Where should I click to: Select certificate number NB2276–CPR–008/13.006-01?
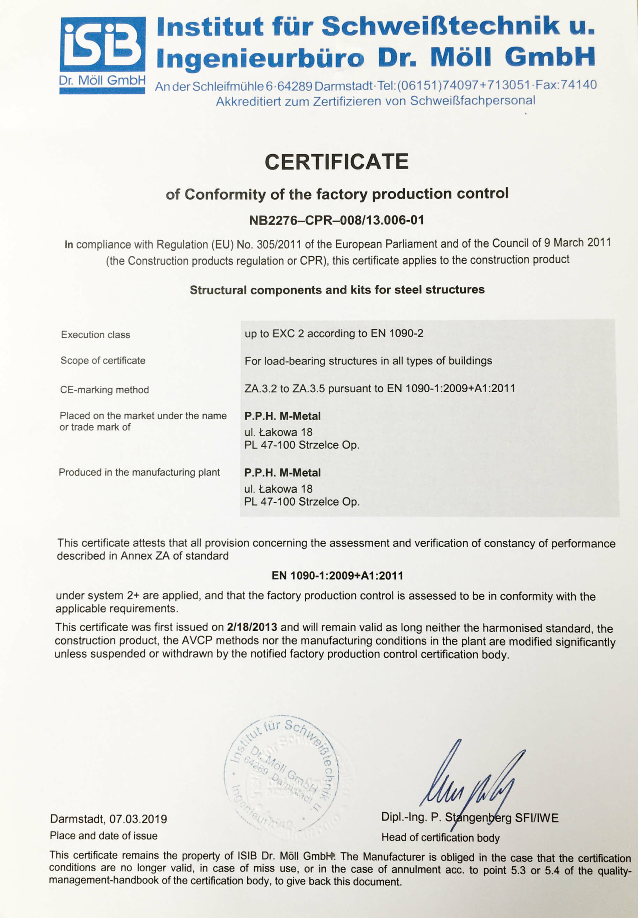tap(336, 220)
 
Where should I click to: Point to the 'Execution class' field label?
tap(96, 335)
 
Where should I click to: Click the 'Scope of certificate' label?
tap(103, 361)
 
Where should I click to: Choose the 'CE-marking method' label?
tap(104, 390)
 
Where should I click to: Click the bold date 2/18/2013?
tap(252, 627)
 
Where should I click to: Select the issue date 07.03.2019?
tap(138, 819)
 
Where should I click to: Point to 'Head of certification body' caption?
tap(440, 838)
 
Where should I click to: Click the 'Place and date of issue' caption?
tap(104, 836)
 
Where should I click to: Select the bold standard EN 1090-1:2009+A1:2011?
tap(337, 576)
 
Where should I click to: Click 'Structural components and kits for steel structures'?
tap(337, 290)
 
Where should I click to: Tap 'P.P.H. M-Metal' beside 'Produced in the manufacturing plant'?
tap(282, 473)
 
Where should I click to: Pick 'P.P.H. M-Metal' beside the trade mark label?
tap(282, 416)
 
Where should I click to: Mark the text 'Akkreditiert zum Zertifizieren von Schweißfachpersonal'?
tap(375, 101)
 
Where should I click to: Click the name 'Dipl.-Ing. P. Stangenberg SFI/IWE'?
tap(469, 818)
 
